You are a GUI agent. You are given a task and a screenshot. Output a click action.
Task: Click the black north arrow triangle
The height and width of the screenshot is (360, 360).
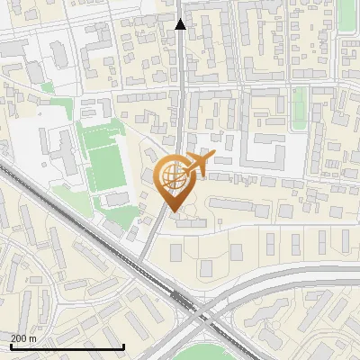pyautogui.click(x=180, y=24)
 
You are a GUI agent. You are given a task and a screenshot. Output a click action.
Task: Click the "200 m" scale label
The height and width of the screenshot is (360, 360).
pyautogui.click(x=23, y=338)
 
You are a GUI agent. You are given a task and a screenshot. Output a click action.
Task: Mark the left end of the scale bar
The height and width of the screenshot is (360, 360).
pyautogui.click(x=11, y=347)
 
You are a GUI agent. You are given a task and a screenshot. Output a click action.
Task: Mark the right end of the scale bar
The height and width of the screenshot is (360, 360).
pyautogui.click(x=123, y=347)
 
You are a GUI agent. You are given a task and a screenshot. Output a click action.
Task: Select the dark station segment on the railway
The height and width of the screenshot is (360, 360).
pyautogui.click(x=183, y=301)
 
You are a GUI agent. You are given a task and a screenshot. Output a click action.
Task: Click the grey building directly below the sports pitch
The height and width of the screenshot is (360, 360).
pyautogui.click(x=117, y=199)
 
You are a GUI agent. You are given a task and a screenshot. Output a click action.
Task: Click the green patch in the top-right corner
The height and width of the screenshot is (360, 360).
pyautogui.click(x=347, y=13)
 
